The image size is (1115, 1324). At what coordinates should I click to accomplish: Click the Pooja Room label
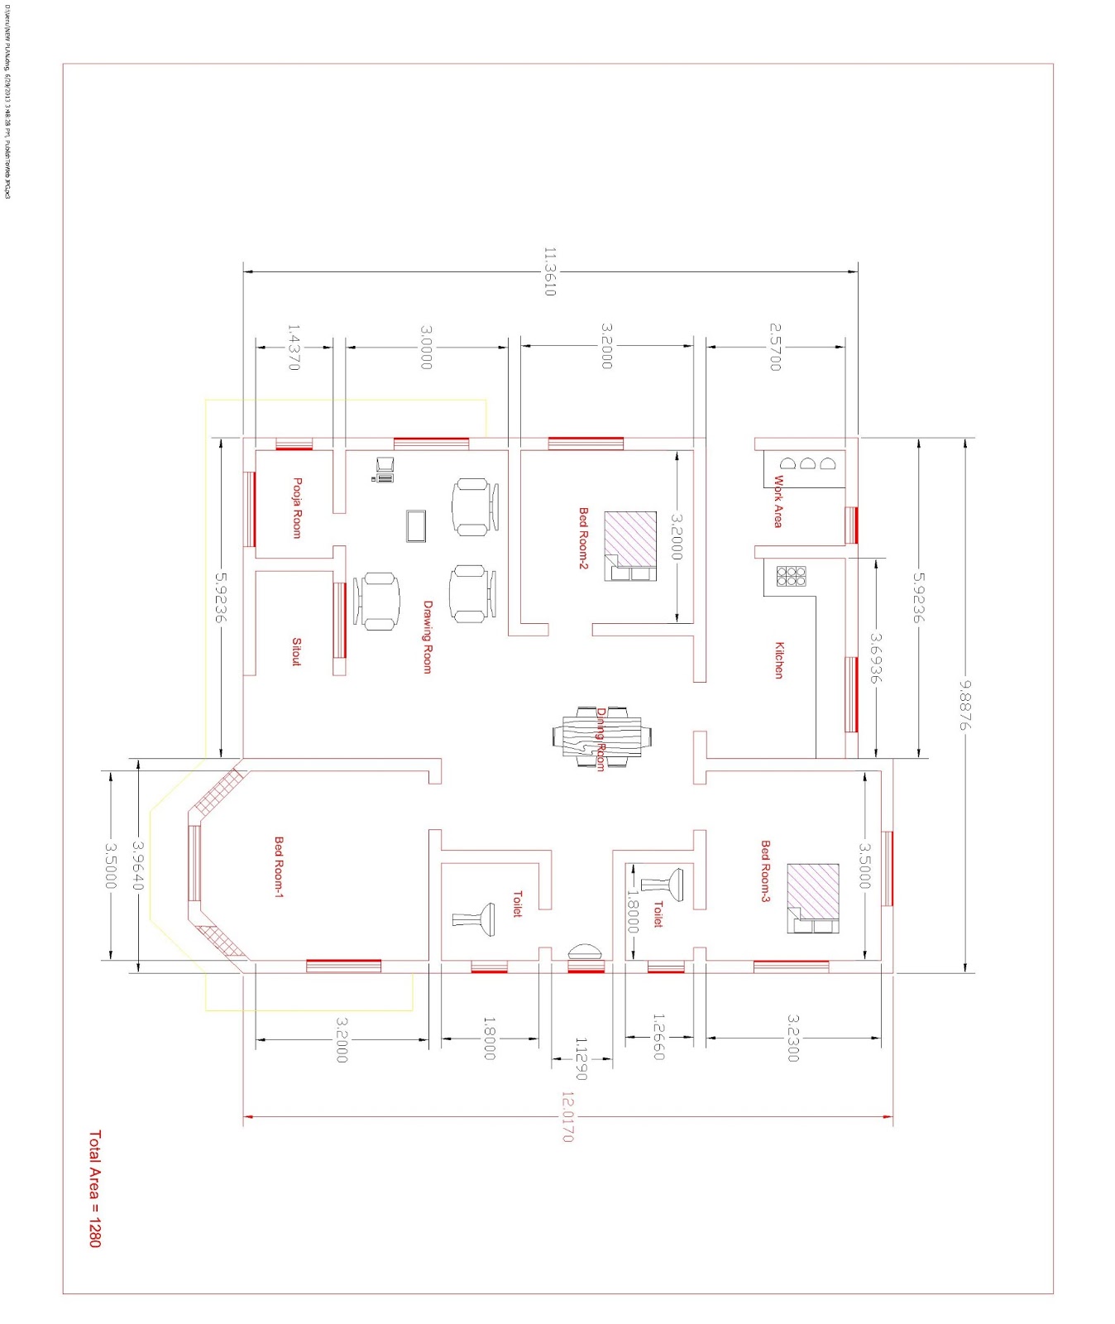coord(297,508)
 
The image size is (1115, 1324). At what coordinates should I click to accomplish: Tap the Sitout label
coord(296,651)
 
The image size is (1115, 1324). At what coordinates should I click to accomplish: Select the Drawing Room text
coord(428,636)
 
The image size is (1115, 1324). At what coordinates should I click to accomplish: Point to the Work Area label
coord(778,501)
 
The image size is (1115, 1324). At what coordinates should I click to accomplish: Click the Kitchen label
coord(778,660)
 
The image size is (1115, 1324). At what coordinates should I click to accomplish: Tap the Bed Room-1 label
coord(279,866)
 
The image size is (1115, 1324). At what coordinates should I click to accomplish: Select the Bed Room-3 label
coord(765,871)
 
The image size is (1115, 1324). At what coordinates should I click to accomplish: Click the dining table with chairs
coord(601,736)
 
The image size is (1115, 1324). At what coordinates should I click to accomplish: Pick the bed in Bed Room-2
coord(630,546)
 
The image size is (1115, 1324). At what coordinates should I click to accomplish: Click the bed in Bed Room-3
coord(813,898)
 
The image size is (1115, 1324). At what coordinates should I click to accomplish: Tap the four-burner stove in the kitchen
coord(791,576)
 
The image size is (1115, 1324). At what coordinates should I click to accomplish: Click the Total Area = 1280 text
coord(94,1188)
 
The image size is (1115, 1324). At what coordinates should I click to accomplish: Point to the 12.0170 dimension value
coord(567,1117)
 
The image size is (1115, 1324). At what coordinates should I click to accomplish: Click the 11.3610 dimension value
coord(549,271)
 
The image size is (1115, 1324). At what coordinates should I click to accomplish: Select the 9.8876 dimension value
coord(964,705)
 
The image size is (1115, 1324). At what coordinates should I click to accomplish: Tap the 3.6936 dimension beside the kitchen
coord(875,658)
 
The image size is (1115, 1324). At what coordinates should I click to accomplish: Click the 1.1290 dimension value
coord(581,1058)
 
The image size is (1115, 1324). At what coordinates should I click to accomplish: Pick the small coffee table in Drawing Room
coord(416,525)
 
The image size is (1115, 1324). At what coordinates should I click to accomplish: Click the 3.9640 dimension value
coord(137,866)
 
